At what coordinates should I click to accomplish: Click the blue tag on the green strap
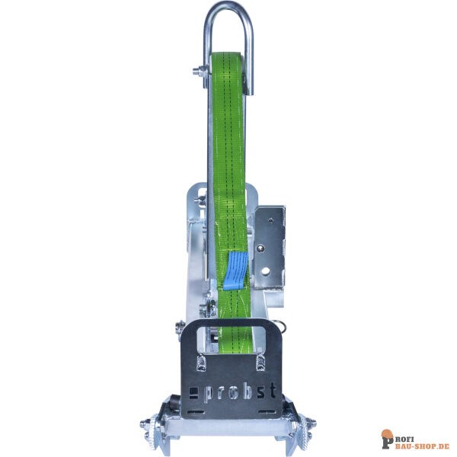click(235, 270)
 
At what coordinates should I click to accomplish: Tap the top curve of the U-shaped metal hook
click(228, 6)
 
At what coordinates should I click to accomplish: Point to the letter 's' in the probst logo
click(261, 391)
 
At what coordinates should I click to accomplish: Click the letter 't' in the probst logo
click(272, 390)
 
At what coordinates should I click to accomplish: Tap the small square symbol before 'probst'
click(193, 393)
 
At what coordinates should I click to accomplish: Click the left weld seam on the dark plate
click(201, 363)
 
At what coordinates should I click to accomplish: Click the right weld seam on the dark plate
click(260, 363)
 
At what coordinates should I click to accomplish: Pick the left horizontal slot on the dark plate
click(196, 412)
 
